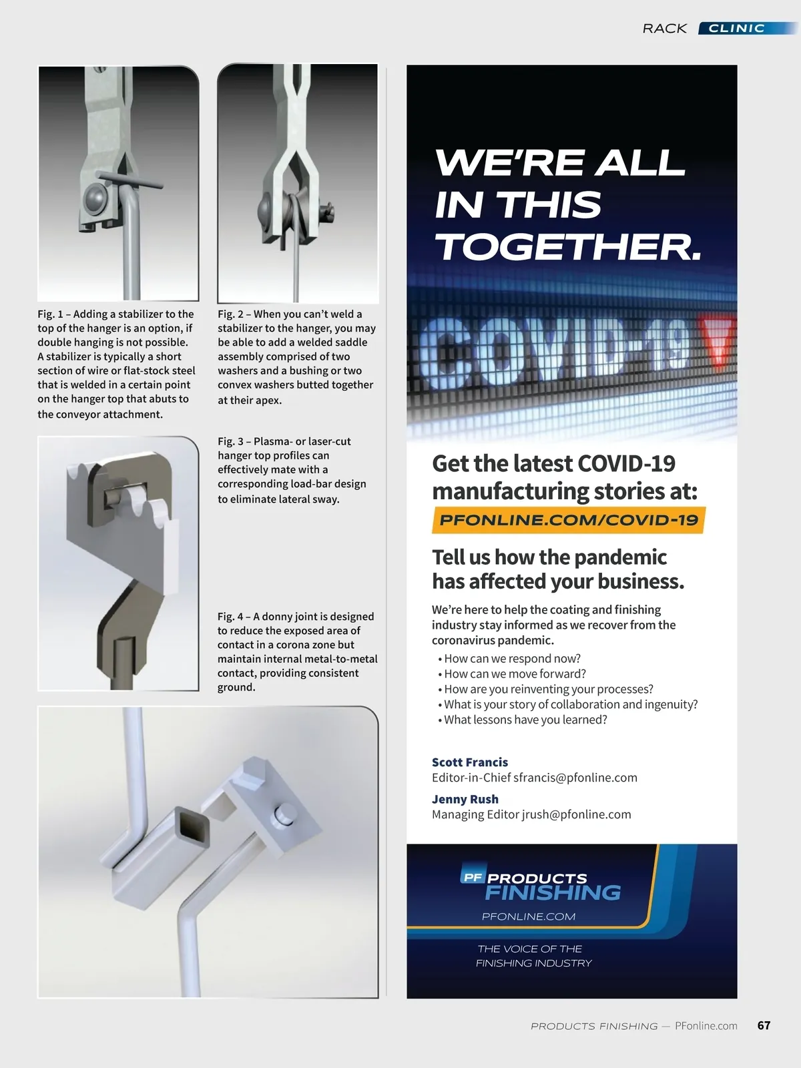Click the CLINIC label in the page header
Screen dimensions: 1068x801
736,28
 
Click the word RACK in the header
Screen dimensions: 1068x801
664,28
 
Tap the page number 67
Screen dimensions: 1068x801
764,1025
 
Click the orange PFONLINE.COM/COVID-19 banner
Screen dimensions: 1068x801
569,520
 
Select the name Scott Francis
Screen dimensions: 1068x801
469,762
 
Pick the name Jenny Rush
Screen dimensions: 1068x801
465,799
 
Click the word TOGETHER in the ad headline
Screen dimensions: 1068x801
567,247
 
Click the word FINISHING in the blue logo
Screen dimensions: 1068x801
553,893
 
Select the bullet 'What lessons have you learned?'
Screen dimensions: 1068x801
525,720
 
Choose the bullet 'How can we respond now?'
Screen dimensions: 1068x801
512,659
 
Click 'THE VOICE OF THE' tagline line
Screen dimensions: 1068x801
529,949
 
